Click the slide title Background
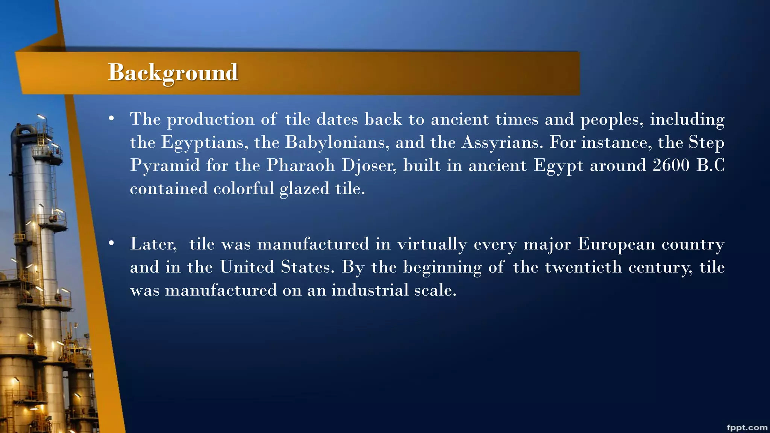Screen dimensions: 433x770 coord(173,72)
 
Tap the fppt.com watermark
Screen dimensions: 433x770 coord(747,428)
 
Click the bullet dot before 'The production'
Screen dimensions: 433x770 coord(111,119)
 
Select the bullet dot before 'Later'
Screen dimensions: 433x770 coord(111,244)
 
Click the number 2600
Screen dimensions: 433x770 coord(671,165)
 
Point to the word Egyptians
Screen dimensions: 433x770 coord(205,143)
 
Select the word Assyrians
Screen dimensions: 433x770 coord(502,143)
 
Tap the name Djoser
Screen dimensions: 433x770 coord(369,166)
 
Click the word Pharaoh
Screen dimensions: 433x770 coord(300,166)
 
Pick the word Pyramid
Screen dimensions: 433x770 coord(165,166)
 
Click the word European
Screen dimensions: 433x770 coord(616,244)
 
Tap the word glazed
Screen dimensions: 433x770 coord(305,189)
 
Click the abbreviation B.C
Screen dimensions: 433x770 coord(710,165)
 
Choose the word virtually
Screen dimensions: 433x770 coord(432,244)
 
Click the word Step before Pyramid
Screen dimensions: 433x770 coord(706,143)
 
